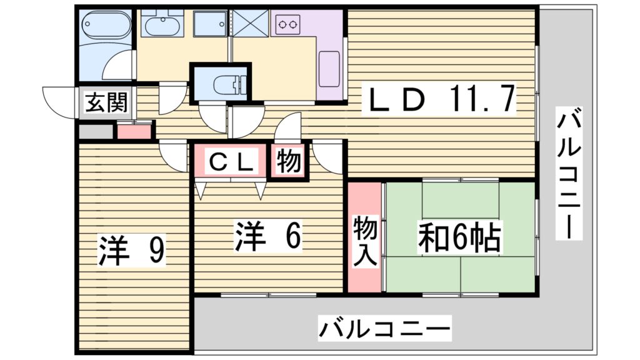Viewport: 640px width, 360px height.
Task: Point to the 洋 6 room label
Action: pos(269,236)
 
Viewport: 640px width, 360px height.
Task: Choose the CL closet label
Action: pos(231,162)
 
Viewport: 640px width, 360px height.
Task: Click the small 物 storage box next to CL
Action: pos(289,162)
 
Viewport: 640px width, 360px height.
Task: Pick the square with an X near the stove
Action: pos(251,24)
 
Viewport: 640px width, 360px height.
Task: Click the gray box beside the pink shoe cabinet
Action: pos(95,132)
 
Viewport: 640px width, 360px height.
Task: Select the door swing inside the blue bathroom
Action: pos(121,66)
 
